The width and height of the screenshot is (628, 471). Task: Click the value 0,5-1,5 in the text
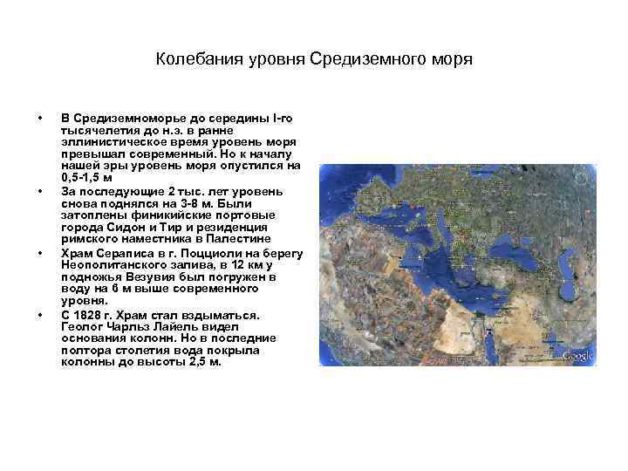point(84,177)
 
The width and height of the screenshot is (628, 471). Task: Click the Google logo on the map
point(577,356)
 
